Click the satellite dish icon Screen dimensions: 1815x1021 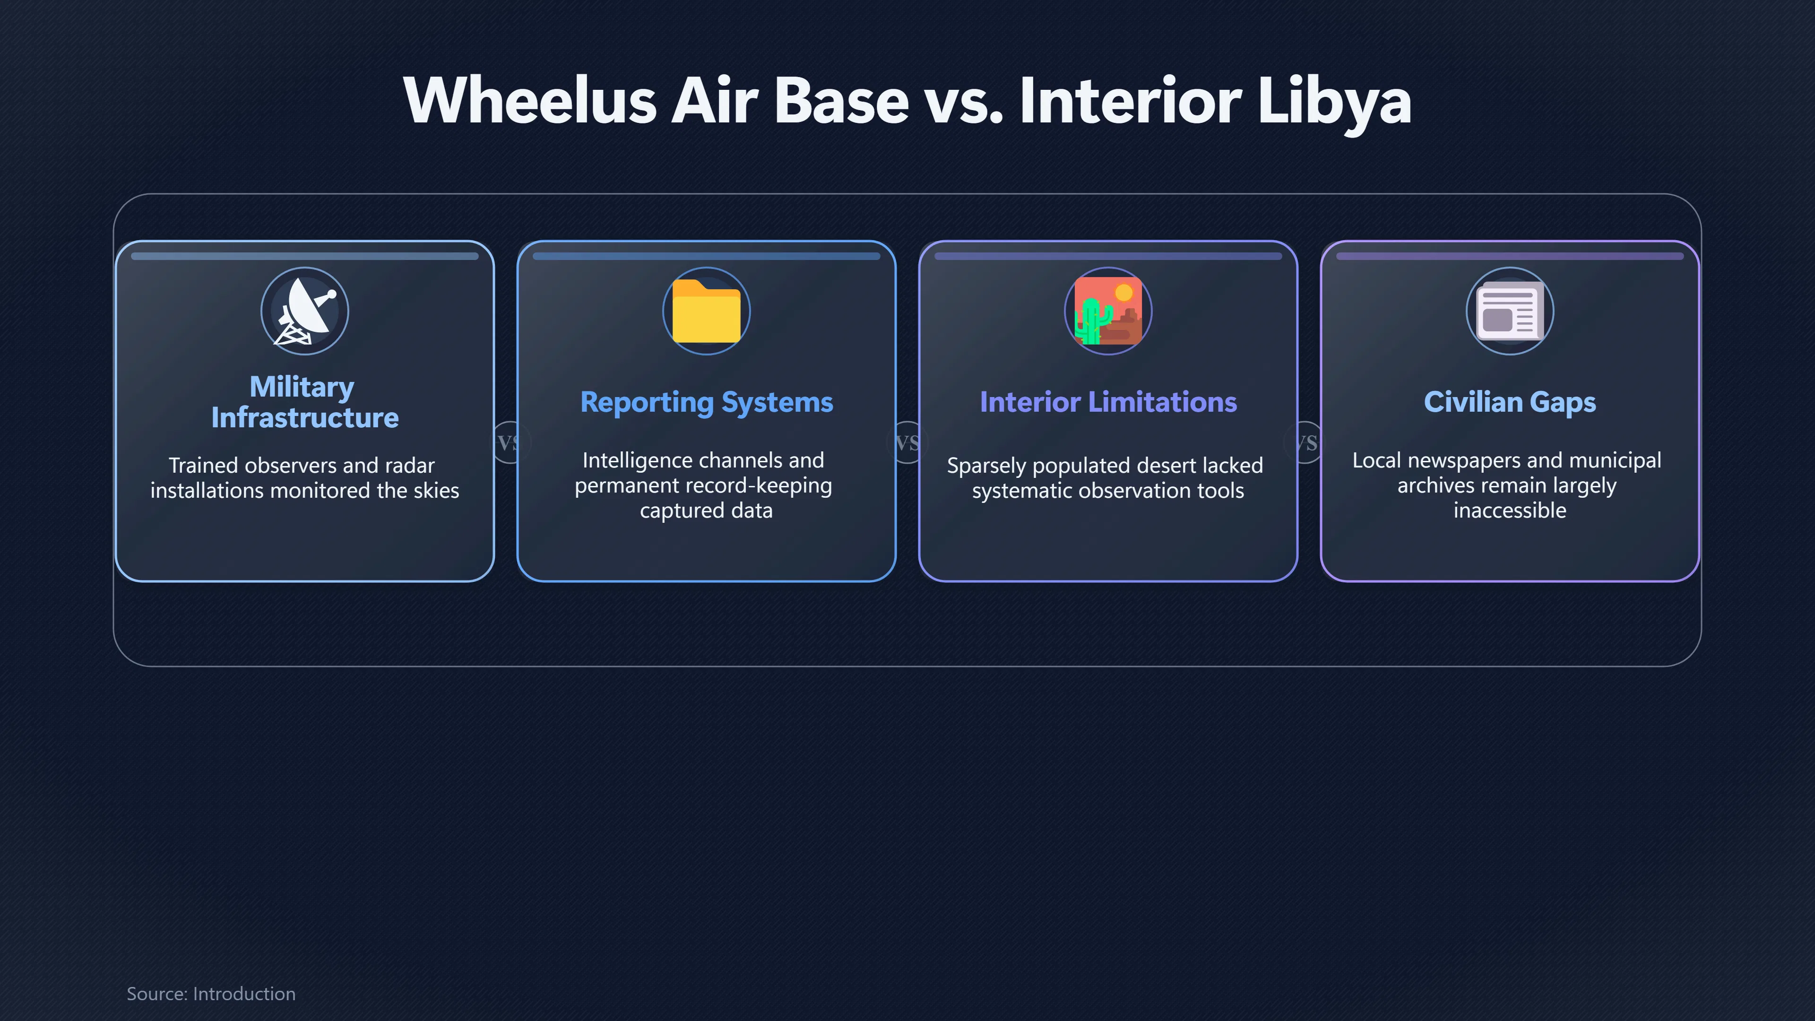[x=305, y=311]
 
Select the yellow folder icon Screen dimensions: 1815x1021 [x=706, y=311]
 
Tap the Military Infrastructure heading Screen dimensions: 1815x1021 [x=304, y=402]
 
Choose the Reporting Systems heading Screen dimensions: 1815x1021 [x=706, y=402]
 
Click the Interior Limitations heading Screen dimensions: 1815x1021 [x=1107, y=402]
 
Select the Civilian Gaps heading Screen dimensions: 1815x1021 [x=1509, y=402]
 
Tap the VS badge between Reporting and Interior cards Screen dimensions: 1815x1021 [x=907, y=442]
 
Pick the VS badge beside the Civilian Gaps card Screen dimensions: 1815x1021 [x=1306, y=442]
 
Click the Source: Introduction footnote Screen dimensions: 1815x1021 [x=211, y=994]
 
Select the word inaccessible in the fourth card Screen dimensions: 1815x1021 [x=1509, y=510]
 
